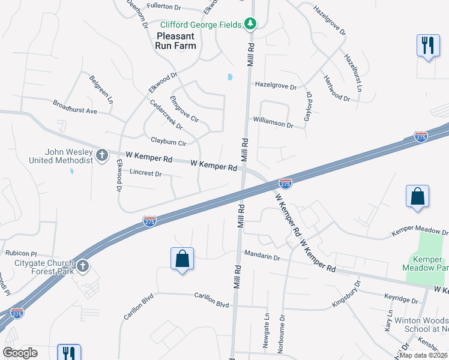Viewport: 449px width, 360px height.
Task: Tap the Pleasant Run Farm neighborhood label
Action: [176, 40]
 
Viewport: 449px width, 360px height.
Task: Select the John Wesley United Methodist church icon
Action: [102, 156]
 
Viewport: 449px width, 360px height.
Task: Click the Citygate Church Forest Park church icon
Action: [83, 265]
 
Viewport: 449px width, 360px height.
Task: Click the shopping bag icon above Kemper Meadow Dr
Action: [417, 196]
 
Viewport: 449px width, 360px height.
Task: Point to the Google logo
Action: [20, 353]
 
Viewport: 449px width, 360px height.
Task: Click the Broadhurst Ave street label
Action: [74, 107]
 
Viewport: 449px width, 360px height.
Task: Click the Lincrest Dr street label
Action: [145, 173]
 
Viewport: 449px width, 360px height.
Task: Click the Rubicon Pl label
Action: [21, 253]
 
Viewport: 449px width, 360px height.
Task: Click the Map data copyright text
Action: [423, 355]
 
